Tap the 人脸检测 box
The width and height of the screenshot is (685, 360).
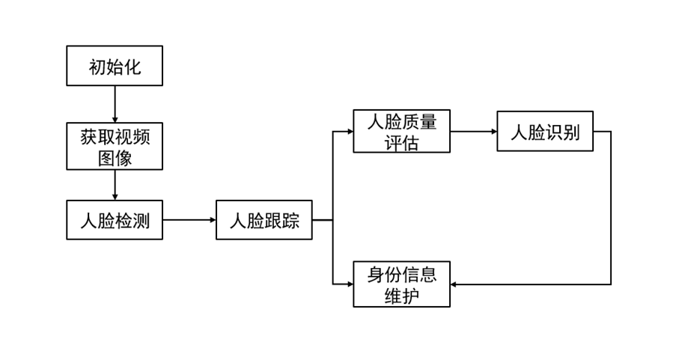click(x=115, y=220)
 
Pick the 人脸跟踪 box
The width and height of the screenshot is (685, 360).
click(x=264, y=220)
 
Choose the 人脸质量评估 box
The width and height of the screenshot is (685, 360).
click(x=401, y=131)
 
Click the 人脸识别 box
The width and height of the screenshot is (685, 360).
click(x=545, y=131)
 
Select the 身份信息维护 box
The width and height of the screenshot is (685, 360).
click(x=401, y=284)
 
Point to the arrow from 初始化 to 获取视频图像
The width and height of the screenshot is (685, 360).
click(x=115, y=104)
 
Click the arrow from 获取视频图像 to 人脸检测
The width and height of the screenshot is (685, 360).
click(x=115, y=185)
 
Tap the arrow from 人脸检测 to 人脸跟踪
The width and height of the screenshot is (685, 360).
click(x=189, y=220)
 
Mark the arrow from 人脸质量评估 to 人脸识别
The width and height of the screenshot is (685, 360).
click(x=473, y=131)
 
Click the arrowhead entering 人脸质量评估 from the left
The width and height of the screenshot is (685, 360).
click(x=350, y=131)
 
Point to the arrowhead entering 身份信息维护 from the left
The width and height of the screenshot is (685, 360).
click(x=350, y=284)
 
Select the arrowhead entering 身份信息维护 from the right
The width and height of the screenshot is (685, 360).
click(x=455, y=284)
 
